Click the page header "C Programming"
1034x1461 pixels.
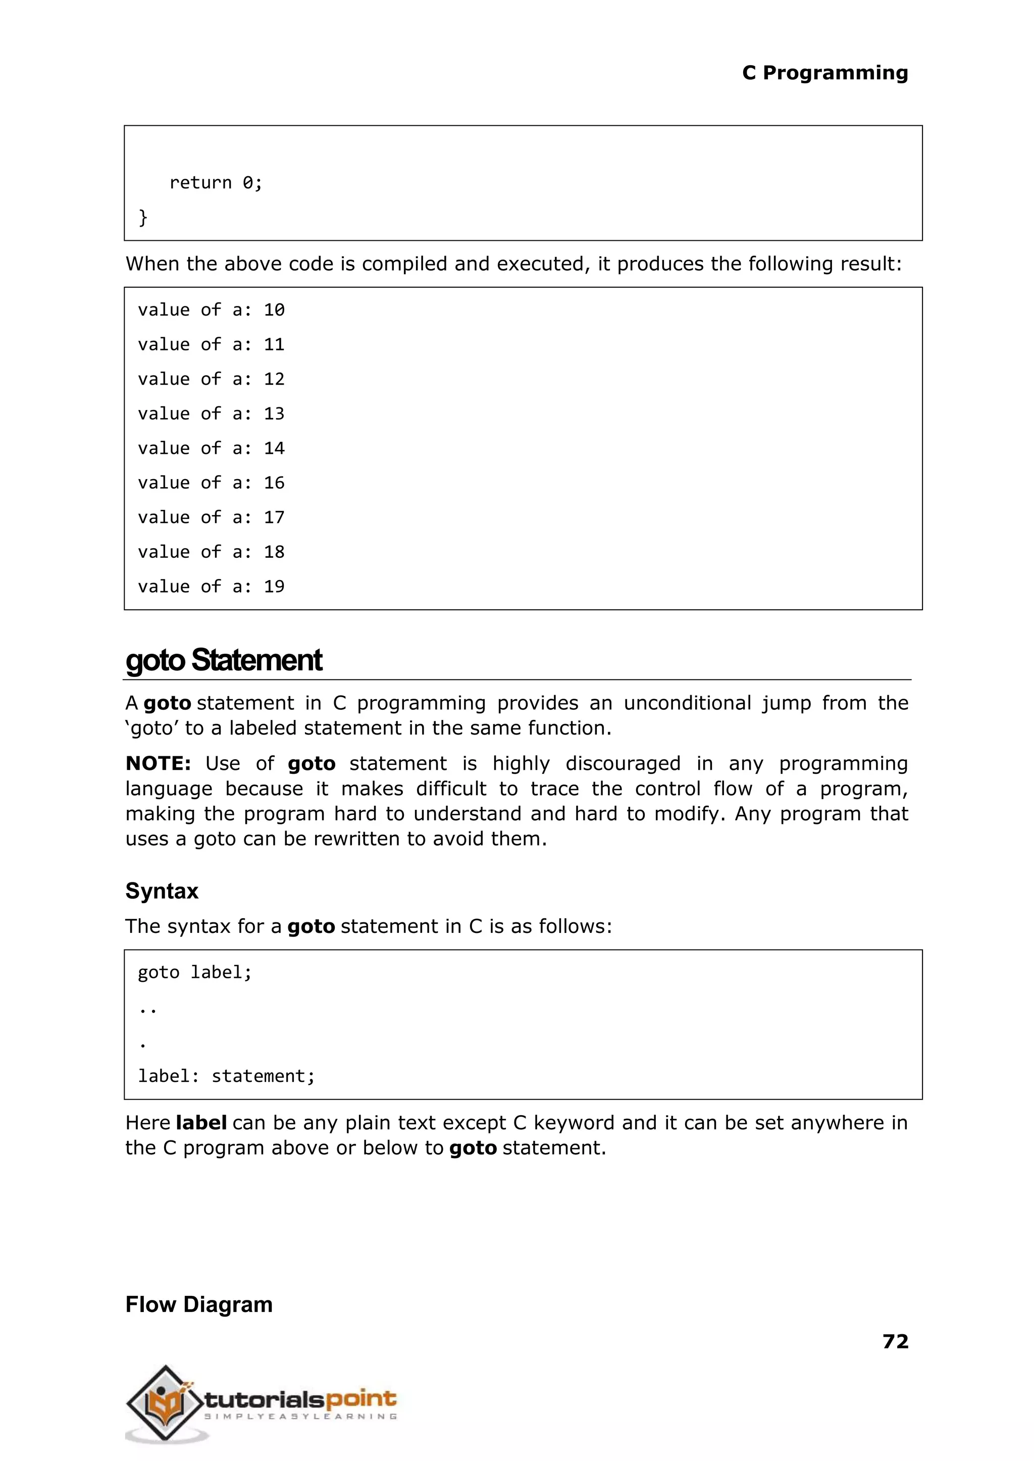tap(824, 73)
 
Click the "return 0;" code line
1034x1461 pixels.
tap(215, 183)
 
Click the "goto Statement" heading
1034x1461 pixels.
tap(224, 660)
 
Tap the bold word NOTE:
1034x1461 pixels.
tap(158, 763)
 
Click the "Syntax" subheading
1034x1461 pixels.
tap(162, 891)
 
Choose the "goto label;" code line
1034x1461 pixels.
tap(195, 972)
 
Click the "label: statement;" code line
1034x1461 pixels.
tap(226, 1076)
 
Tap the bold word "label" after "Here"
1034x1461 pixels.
tap(201, 1122)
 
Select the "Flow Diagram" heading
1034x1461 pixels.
tap(198, 1305)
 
